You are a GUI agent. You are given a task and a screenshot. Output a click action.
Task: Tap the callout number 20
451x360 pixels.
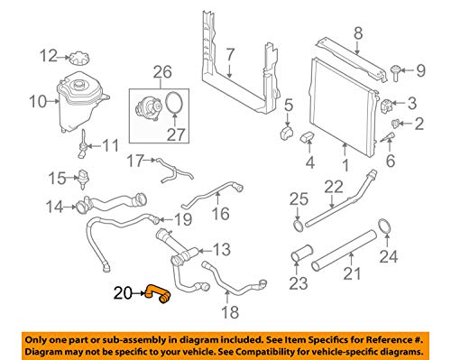pos(123,293)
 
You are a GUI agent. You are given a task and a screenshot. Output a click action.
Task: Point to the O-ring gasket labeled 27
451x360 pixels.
pos(174,103)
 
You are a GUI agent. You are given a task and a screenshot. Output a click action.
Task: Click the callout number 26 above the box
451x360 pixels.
pos(162,72)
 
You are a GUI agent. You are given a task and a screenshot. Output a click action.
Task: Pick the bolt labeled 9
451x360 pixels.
pos(396,72)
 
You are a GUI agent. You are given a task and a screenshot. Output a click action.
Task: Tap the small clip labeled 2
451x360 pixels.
pos(396,123)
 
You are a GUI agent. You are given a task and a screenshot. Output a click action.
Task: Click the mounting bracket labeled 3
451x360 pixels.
pos(387,105)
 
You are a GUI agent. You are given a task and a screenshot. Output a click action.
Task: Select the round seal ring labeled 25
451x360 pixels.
pos(298,226)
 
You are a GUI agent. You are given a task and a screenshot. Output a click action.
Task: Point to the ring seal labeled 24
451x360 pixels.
pos(384,226)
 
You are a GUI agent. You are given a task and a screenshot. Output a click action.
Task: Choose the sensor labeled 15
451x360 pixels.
pos(83,180)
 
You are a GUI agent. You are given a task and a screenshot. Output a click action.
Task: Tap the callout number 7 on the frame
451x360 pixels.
pos(230,55)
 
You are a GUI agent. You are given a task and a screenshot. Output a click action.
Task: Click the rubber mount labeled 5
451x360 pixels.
pos(287,133)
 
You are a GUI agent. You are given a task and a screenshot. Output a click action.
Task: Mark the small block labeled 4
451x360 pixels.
pos(308,137)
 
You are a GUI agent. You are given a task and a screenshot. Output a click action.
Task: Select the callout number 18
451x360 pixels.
pos(230,312)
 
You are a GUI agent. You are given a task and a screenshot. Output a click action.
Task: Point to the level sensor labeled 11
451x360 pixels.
pos(82,143)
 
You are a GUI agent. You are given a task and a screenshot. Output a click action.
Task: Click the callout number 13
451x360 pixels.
pos(222,250)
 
